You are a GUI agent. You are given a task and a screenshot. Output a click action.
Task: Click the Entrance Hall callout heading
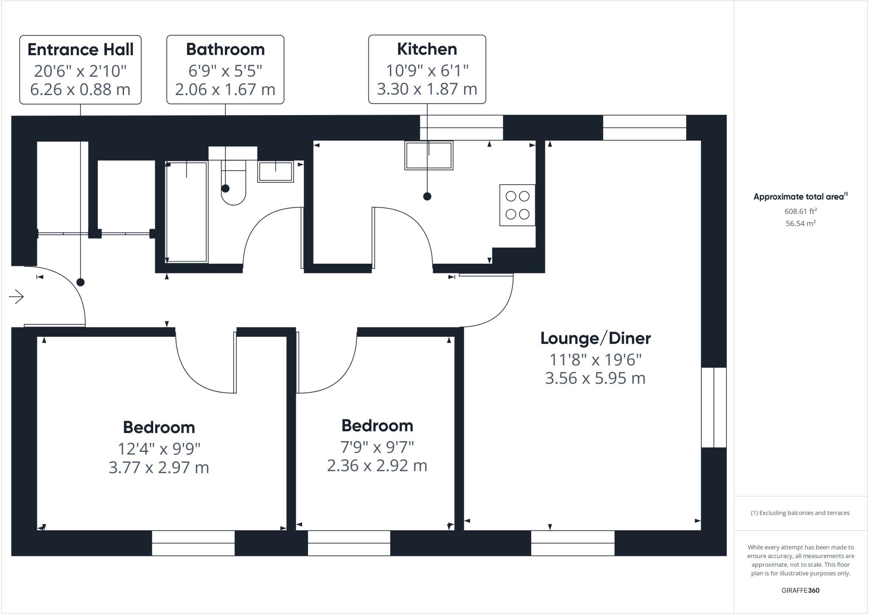[80, 50]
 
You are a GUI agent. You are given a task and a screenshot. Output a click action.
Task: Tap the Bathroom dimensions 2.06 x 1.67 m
[225, 90]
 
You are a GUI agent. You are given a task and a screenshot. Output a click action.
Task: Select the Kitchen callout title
[427, 49]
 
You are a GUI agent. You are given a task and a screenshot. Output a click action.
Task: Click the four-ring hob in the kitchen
[517, 205]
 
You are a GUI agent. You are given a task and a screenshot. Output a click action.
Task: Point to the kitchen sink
[429, 155]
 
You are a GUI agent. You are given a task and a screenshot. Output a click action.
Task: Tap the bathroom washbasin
[275, 172]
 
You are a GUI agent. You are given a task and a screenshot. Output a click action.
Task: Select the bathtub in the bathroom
[187, 212]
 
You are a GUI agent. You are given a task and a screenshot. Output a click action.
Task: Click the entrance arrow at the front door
[17, 296]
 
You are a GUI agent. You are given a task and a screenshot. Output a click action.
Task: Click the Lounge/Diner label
[595, 338]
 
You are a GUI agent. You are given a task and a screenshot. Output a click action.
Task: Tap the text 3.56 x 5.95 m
[595, 378]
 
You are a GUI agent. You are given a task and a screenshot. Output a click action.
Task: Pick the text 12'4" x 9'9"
[159, 448]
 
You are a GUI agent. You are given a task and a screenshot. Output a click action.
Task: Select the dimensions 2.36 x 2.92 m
[377, 466]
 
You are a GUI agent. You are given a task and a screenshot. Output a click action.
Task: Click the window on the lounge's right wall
[714, 407]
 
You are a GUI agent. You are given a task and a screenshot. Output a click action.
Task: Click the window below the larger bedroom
[193, 543]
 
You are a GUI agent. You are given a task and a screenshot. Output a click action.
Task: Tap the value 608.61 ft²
[800, 211]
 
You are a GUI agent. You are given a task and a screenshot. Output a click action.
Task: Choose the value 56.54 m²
[800, 223]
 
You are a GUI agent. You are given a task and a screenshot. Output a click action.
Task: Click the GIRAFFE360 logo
[800, 590]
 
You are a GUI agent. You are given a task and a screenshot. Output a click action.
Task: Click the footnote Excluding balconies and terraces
[800, 513]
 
